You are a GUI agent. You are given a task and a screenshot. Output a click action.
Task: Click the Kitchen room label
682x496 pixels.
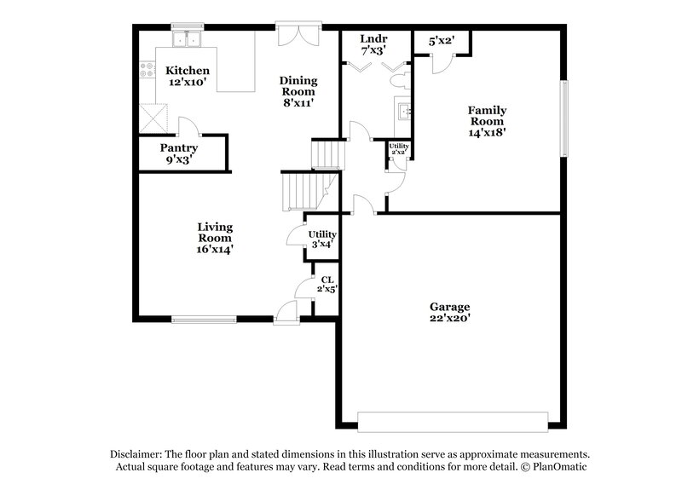tap(188, 76)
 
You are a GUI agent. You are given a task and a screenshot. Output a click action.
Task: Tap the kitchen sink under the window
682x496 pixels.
tap(185, 39)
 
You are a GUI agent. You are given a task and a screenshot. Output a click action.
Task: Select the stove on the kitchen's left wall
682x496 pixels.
tap(145, 72)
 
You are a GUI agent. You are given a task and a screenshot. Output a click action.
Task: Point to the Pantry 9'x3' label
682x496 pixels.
tap(179, 153)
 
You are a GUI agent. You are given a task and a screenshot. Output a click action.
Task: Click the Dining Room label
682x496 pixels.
tap(298, 91)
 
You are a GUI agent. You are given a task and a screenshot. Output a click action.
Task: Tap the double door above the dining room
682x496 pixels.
tap(299, 34)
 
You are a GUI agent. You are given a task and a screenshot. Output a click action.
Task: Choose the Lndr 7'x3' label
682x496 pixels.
tap(373, 44)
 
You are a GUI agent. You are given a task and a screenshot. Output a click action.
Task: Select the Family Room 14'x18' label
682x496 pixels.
tap(487, 121)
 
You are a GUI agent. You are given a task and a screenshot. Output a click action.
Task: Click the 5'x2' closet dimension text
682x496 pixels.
tap(441, 40)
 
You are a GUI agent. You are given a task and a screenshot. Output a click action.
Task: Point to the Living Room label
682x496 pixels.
tap(215, 238)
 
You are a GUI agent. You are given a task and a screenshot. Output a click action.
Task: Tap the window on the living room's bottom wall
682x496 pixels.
tap(204, 320)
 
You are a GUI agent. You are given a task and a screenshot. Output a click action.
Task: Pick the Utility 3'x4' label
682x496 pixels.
tap(322, 239)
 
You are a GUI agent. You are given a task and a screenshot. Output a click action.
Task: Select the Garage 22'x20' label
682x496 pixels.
tap(449, 312)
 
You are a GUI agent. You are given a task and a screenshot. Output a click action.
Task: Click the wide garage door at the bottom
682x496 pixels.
tap(452, 422)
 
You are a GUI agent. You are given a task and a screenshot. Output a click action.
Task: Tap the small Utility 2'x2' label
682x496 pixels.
tap(398, 148)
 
